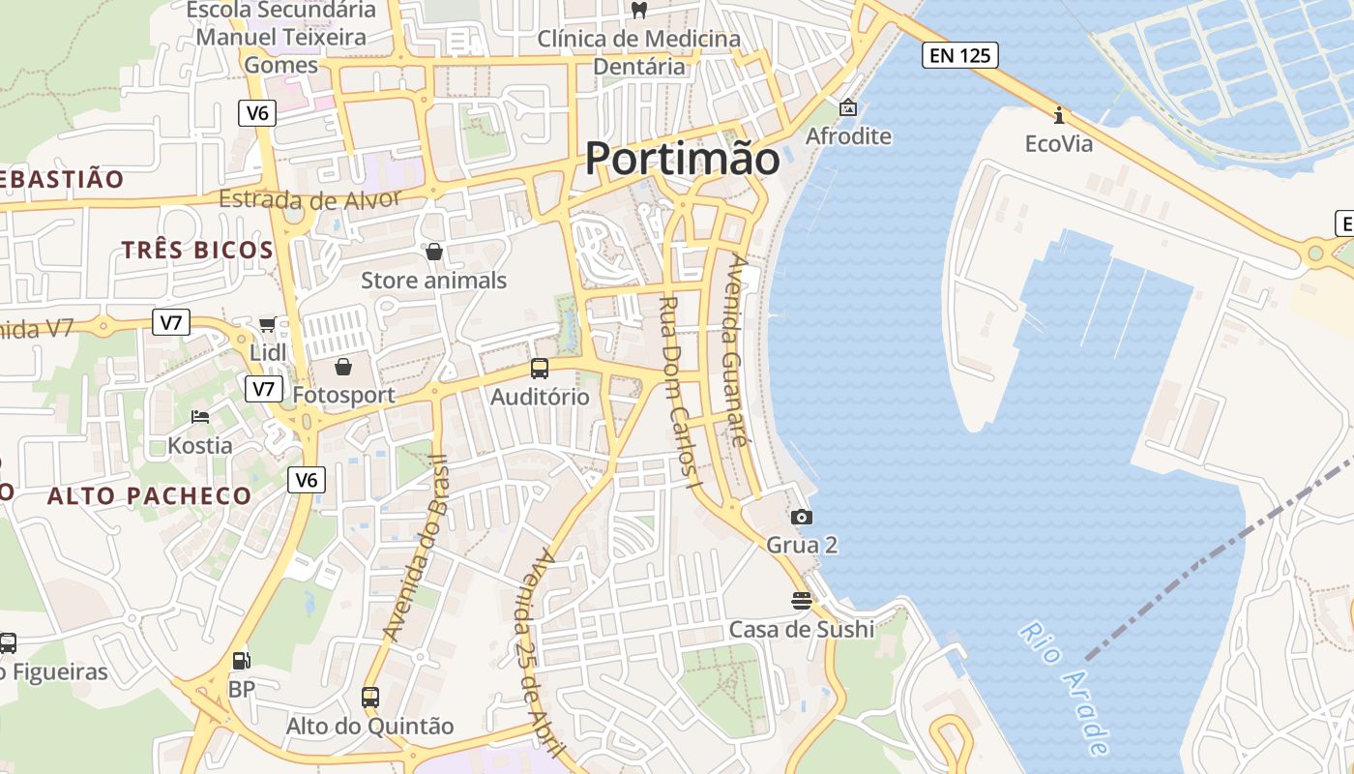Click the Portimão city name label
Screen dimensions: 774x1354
point(682,159)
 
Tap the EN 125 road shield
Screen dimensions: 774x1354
point(959,55)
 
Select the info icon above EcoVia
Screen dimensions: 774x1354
point(1059,116)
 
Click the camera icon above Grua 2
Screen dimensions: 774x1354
point(802,518)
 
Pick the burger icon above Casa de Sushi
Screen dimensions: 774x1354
point(801,601)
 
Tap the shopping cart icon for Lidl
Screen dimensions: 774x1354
point(267,325)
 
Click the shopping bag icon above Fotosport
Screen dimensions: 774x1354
point(343,367)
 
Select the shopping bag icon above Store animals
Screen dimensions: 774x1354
point(434,252)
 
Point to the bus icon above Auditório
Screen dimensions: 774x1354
point(540,369)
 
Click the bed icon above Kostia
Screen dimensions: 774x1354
point(200,417)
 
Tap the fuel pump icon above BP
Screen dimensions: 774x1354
point(241,662)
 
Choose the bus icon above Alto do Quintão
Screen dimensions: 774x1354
point(369,697)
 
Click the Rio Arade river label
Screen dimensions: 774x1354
point(1063,687)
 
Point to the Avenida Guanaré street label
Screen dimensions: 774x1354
point(737,348)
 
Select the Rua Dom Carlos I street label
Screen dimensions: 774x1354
point(679,391)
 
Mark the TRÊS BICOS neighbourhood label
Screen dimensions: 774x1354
point(197,250)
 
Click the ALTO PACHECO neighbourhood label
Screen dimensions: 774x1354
point(150,496)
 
